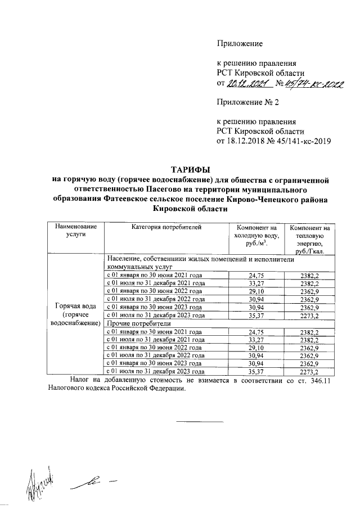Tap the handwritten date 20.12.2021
click(247, 84)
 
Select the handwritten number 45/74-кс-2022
click(316, 84)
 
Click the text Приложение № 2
click(248, 102)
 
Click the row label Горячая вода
click(75, 305)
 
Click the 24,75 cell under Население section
click(255, 275)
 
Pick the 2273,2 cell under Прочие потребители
click(309, 372)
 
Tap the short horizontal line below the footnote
click(201, 421)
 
